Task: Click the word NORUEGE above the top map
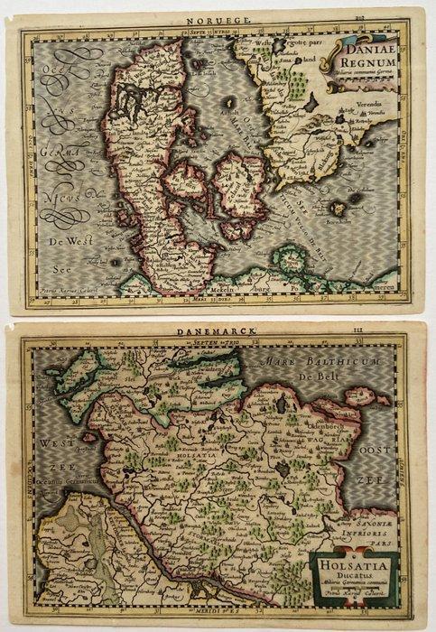[x=206, y=15]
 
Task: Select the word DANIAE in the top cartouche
[x=369, y=48]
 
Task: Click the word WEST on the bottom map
[x=53, y=442]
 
